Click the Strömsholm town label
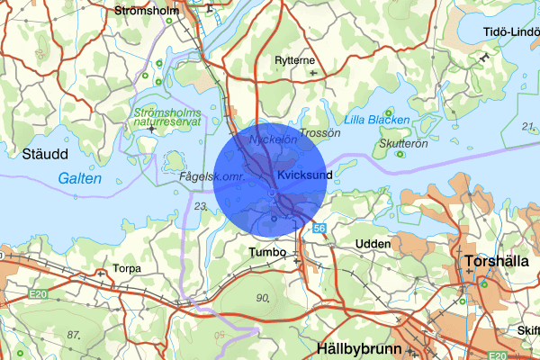(x=148, y=11)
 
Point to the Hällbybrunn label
(x=356, y=346)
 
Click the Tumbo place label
(x=268, y=253)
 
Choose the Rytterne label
(x=295, y=61)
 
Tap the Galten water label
(x=79, y=179)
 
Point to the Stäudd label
(x=34, y=154)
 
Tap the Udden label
(x=373, y=244)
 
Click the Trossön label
(x=321, y=132)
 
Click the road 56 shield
(x=319, y=229)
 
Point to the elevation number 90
(x=263, y=298)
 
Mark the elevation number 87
(x=74, y=334)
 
